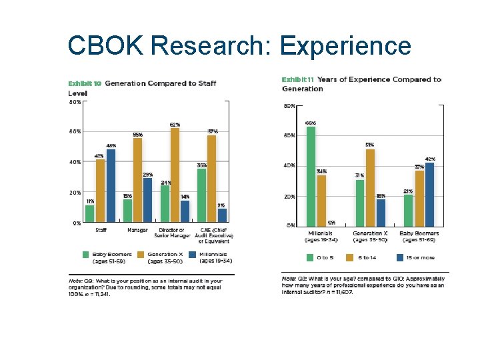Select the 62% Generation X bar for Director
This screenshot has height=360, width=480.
(x=175, y=175)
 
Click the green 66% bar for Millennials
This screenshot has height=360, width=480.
(x=311, y=176)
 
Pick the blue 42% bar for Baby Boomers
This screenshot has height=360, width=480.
(x=430, y=194)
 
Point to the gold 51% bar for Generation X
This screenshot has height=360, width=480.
(x=370, y=187)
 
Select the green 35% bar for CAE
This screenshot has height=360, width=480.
(x=202, y=196)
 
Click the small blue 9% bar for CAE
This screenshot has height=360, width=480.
(x=222, y=215)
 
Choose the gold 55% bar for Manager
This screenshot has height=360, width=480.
(x=137, y=181)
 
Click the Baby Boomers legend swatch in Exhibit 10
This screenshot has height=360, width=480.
(x=86, y=255)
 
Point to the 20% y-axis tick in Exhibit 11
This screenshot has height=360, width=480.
(x=291, y=197)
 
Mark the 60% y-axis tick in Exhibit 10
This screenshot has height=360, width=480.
(x=75, y=131)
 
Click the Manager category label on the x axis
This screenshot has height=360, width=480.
(x=137, y=230)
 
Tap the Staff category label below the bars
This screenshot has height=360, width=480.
(x=101, y=230)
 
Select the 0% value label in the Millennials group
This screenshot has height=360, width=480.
(x=331, y=222)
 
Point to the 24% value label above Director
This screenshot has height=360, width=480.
(x=165, y=182)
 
